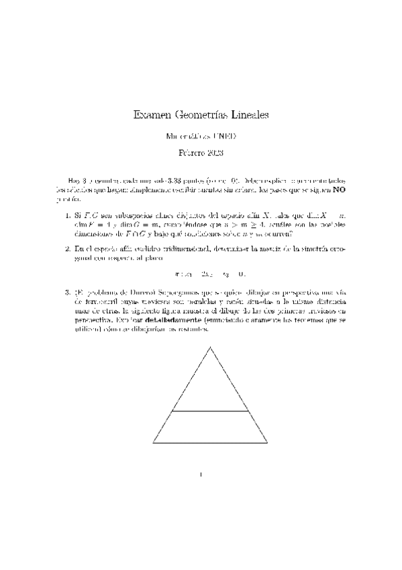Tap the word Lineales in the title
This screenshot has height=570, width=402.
tap(250, 115)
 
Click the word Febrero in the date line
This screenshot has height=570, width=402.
tap(191, 153)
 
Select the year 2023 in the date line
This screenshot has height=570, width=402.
tap(214, 153)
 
